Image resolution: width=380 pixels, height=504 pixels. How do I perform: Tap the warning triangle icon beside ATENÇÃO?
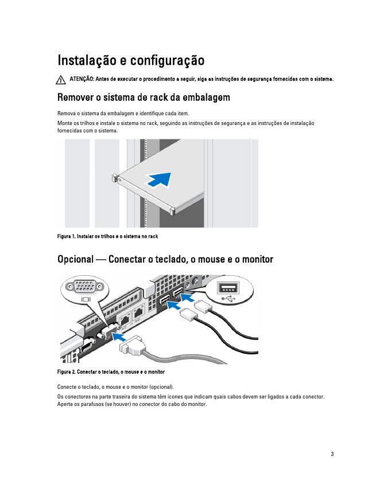click(62, 79)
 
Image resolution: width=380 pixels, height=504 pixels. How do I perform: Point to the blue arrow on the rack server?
click(160, 179)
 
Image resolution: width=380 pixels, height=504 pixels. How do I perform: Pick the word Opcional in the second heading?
click(75, 260)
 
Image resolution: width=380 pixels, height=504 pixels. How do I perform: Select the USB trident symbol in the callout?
click(230, 298)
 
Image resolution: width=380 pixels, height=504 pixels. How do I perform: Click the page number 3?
click(332, 454)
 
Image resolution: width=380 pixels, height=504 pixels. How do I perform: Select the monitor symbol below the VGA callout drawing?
click(87, 299)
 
